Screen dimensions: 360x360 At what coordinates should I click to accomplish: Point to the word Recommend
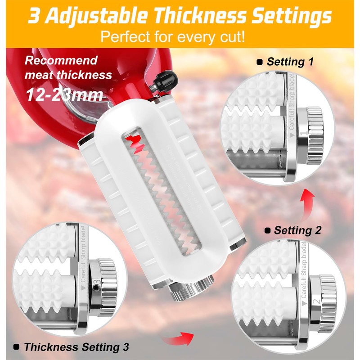point(61,60)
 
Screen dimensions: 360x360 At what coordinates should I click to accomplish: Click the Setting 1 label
point(290,62)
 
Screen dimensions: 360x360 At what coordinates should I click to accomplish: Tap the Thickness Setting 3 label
point(76,347)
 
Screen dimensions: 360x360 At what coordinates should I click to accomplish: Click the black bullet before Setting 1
point(260,62)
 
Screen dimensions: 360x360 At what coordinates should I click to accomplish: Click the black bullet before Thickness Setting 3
point(16,347)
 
